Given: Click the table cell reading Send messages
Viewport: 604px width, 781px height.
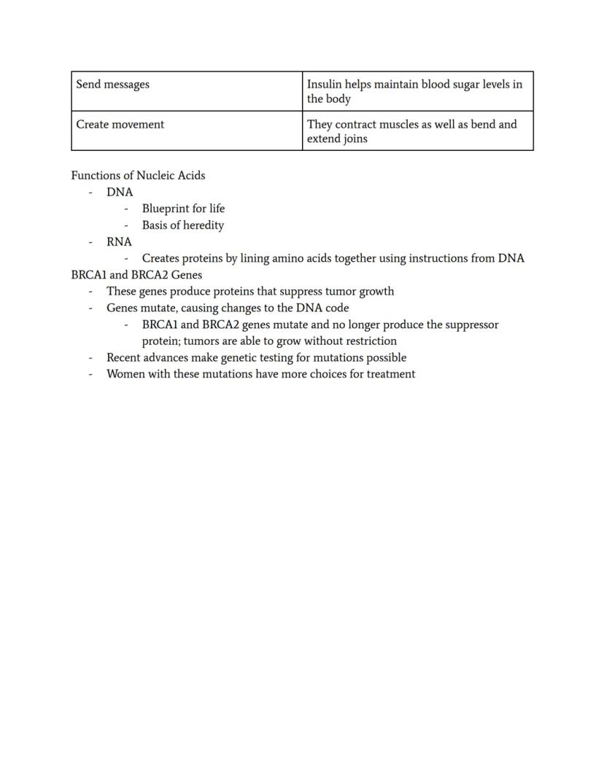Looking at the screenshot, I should click(113, 85).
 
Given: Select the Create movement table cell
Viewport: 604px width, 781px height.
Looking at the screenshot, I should click(120, 125).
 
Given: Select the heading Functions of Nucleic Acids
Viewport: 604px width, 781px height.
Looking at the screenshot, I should click(138, 176).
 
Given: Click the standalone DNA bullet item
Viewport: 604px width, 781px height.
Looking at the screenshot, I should click(120, 193).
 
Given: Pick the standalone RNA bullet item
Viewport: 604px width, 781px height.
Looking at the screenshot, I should click(119, 242).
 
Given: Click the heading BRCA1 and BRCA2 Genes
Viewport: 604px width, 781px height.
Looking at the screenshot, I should click(136, 275).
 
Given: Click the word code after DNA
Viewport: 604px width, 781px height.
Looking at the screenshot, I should click(337, 308).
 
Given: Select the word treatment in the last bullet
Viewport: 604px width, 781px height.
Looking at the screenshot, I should click(390, 374).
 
